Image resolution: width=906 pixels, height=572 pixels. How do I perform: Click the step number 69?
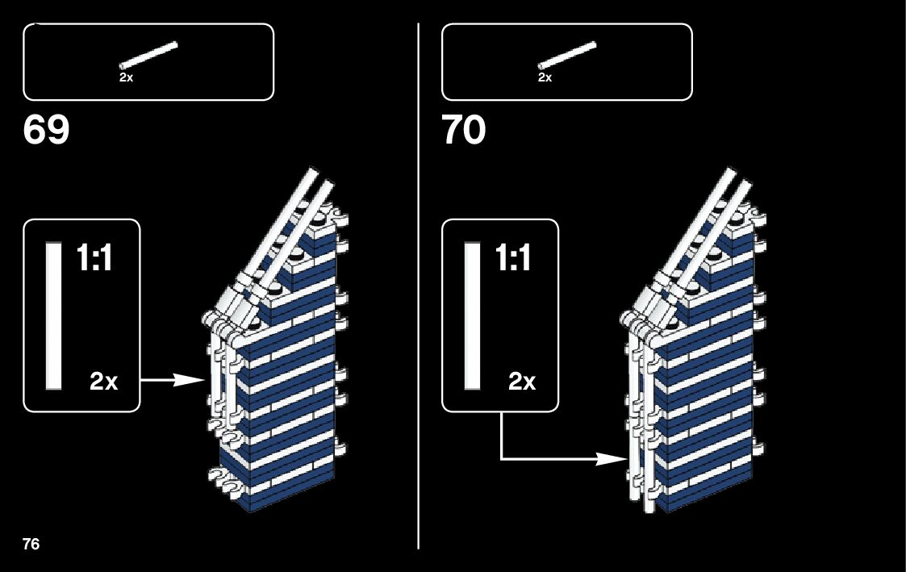47,130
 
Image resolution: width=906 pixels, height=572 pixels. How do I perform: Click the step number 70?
464,130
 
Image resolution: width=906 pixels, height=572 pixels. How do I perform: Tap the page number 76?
31,543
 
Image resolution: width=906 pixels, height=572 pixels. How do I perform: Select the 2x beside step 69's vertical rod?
104,382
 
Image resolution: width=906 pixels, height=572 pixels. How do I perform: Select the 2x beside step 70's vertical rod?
522,382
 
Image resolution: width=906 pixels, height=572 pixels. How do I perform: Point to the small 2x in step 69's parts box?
126,78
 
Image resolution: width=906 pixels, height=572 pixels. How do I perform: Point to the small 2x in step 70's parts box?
545,78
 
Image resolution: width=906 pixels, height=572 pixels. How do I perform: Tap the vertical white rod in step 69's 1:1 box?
54,315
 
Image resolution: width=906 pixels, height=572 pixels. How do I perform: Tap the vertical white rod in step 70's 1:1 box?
472,315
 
